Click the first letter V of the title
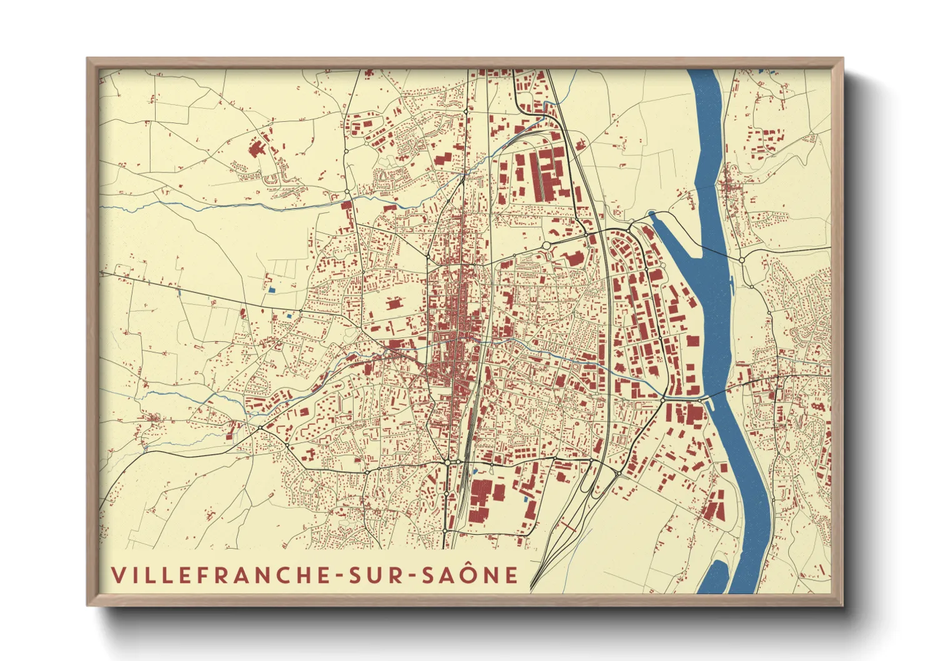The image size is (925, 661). pos(117,575)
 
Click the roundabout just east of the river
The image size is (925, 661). pos(742,259)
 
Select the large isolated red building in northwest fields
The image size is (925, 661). pos(257,149)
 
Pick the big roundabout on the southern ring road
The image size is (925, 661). pos(447,462)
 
